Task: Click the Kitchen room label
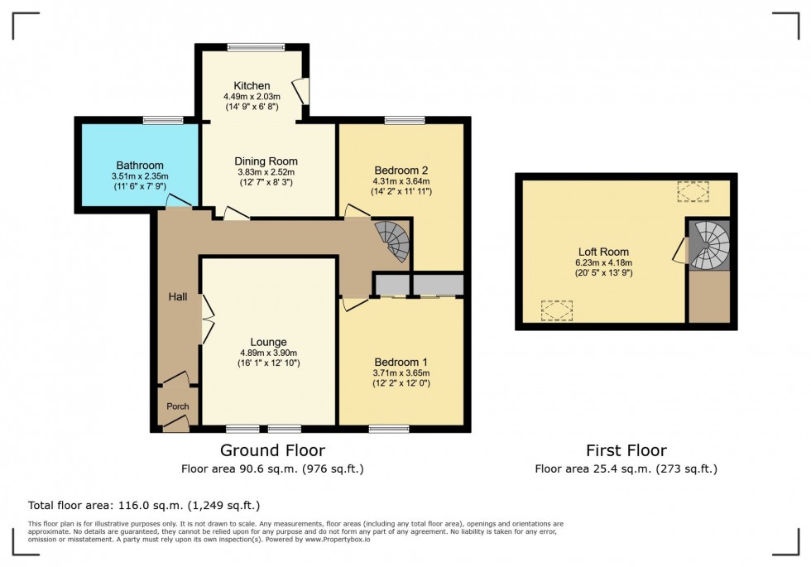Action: coord(252,86)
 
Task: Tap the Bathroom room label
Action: coord(139,165)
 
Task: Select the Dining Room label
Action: coord(266,161)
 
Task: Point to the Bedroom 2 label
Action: coord(401,170)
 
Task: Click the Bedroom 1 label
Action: coord(401,363)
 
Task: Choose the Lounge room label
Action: coord(269,342)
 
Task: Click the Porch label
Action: coord(177,406)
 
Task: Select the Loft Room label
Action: coord(603,252)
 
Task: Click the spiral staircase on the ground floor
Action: coord(392,241)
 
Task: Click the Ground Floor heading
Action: coord(271,450)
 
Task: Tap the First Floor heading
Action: coord(625,450)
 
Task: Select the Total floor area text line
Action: coord(144,504)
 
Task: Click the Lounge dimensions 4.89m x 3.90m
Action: coord(269,353)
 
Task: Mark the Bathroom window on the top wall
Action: coord(162,121)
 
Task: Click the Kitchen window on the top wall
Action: coord(252,47)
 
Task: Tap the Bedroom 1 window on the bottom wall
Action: coord(389,429)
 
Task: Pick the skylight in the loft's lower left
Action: coord(557,310)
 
